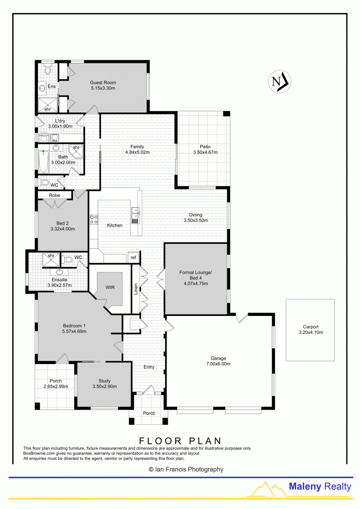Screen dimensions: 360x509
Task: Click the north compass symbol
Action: coord(279,81)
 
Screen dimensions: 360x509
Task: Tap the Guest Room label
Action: coord(103,82)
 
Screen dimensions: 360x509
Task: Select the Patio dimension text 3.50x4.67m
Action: coord(205,152)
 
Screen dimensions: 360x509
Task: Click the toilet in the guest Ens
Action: coord(48,69)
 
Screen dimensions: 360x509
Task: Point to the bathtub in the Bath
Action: coord(43,161)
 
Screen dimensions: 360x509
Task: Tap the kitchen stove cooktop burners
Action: coord(94,220)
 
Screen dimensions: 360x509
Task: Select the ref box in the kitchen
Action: coord(133,257)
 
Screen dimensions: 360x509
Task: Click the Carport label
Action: coord(310,327)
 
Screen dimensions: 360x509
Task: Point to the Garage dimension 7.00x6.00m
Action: coord(218,364)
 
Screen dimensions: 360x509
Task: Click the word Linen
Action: coord(136,289)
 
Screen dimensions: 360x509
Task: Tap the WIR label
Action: coord(110,287)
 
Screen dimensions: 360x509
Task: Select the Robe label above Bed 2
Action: coord(54,195)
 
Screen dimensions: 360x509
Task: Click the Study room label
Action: coord(104,381)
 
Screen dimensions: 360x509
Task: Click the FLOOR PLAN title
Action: coord(180,441)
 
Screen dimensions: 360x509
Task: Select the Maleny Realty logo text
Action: coord(320,486)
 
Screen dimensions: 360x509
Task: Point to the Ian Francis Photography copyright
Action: coord(186,469)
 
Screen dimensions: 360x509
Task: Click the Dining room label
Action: coord(196,215)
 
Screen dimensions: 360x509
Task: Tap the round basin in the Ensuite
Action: coord(59,272)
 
